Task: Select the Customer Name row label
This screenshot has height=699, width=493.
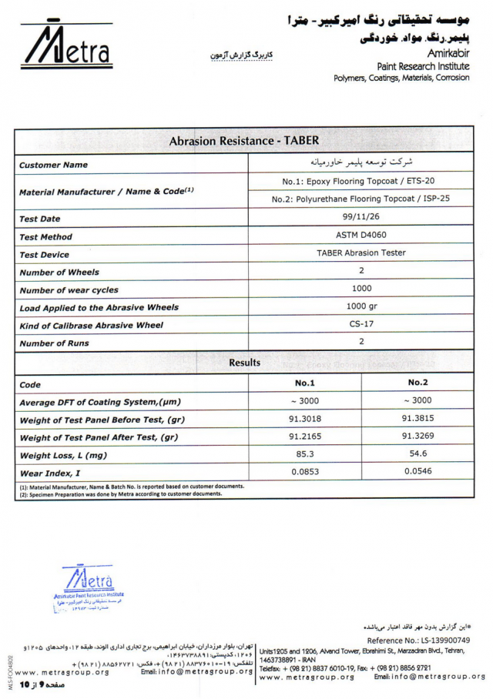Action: click(x=53, y=165)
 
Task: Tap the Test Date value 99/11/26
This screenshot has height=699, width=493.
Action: click(x=361, y=218)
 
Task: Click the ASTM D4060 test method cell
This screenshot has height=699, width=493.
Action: click(x=361, y=236)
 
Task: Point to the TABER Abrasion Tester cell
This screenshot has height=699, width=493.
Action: click(x=361, y=253)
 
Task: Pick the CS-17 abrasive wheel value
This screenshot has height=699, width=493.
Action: click(x=361, y=323)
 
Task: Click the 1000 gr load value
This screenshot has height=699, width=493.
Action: click(x=361, y=306)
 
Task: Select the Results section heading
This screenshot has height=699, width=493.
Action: click(x=244, y=363)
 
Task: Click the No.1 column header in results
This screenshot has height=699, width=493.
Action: click(x=305, y=383)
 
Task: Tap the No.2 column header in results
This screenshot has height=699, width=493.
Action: click(x=418, y=383)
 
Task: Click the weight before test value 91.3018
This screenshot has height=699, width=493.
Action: click(x=305, y=418)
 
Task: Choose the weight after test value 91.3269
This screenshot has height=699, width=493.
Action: click(x=418, y=436)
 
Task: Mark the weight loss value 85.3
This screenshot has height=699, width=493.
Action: click(x=305, y=454)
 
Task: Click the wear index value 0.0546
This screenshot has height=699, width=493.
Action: click(x=418, y=472)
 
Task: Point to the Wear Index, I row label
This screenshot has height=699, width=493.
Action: click(x=50, y=473)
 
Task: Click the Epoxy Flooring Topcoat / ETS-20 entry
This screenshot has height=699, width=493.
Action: click(x=361, y=182)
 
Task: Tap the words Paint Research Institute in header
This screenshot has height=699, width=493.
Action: click(x=423, y=66)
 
